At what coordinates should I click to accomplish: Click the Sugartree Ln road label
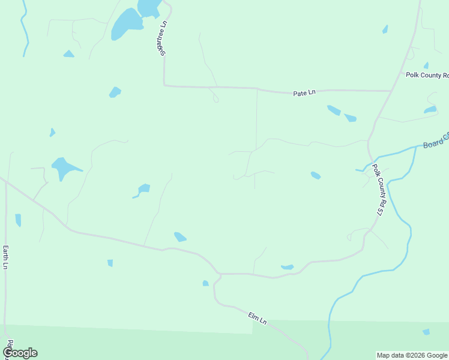[162, 39]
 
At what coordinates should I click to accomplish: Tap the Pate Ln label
[304, 93]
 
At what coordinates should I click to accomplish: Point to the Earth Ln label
[5, 257]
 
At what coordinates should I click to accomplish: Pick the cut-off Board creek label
[436, 141]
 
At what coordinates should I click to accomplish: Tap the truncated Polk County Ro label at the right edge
[427, 76]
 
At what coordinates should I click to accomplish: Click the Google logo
[20, 353]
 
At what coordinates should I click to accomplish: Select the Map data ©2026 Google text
[412, 355]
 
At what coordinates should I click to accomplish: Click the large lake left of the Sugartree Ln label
[126, 24]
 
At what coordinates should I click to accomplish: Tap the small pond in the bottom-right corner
[426, 332]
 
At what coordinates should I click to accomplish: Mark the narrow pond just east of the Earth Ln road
[18, 220]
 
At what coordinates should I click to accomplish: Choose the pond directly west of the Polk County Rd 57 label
[316, 175]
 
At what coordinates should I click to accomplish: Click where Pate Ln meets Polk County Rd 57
[391, 91]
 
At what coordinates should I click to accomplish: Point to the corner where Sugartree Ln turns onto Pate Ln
[164, 85]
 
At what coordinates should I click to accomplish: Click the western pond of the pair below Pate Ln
[334, 110]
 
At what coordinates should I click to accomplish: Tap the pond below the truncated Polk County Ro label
[430, 110]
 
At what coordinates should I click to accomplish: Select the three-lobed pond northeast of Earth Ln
[64, 167]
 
